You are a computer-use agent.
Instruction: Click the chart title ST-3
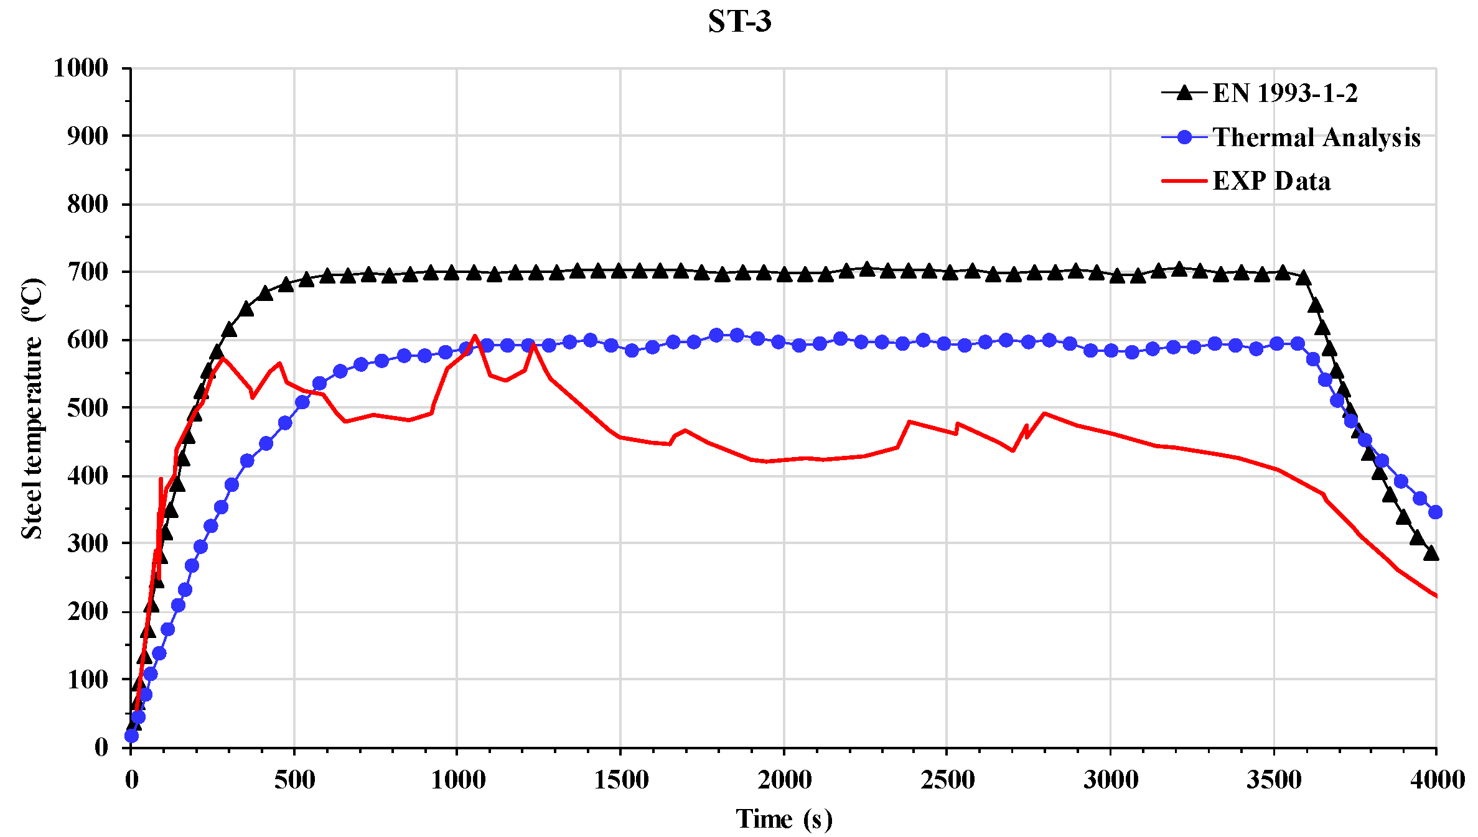click(x=739, y=22)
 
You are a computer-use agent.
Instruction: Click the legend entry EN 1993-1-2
click(x=1284, y=93)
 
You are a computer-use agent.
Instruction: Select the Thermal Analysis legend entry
click(x=1316, y=137)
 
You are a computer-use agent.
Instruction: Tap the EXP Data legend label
click(x=1271, y=181)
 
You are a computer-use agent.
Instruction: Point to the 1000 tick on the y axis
click(x=81, y=68)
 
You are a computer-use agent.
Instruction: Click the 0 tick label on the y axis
click(x=101, y=747)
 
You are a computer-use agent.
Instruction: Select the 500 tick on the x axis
click(x=294, y=780)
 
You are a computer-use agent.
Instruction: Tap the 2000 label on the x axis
click(x=784, y=780)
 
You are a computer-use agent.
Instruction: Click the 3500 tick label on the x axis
click(x=1273, y=780)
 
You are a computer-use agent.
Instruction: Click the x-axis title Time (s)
click(x=783, y=819)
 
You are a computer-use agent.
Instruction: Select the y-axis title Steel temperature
click(x=32, y=408)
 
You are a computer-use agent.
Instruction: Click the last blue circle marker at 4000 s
click(x=1436, y=512)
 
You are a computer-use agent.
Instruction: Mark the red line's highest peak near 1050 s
click(x=475, y=336)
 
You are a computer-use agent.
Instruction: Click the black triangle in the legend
click(x=1184, y=93)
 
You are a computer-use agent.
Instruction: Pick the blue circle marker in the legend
click(x=1184, y=137)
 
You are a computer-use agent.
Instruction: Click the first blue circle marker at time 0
click(x=131, y=736)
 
